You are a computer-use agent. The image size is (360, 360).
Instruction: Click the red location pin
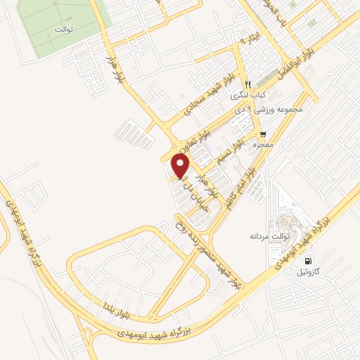tap(181, 166)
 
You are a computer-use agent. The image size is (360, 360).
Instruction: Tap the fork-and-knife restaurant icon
tap(247, 83)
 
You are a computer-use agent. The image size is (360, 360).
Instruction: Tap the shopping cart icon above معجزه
tap(263, 133)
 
